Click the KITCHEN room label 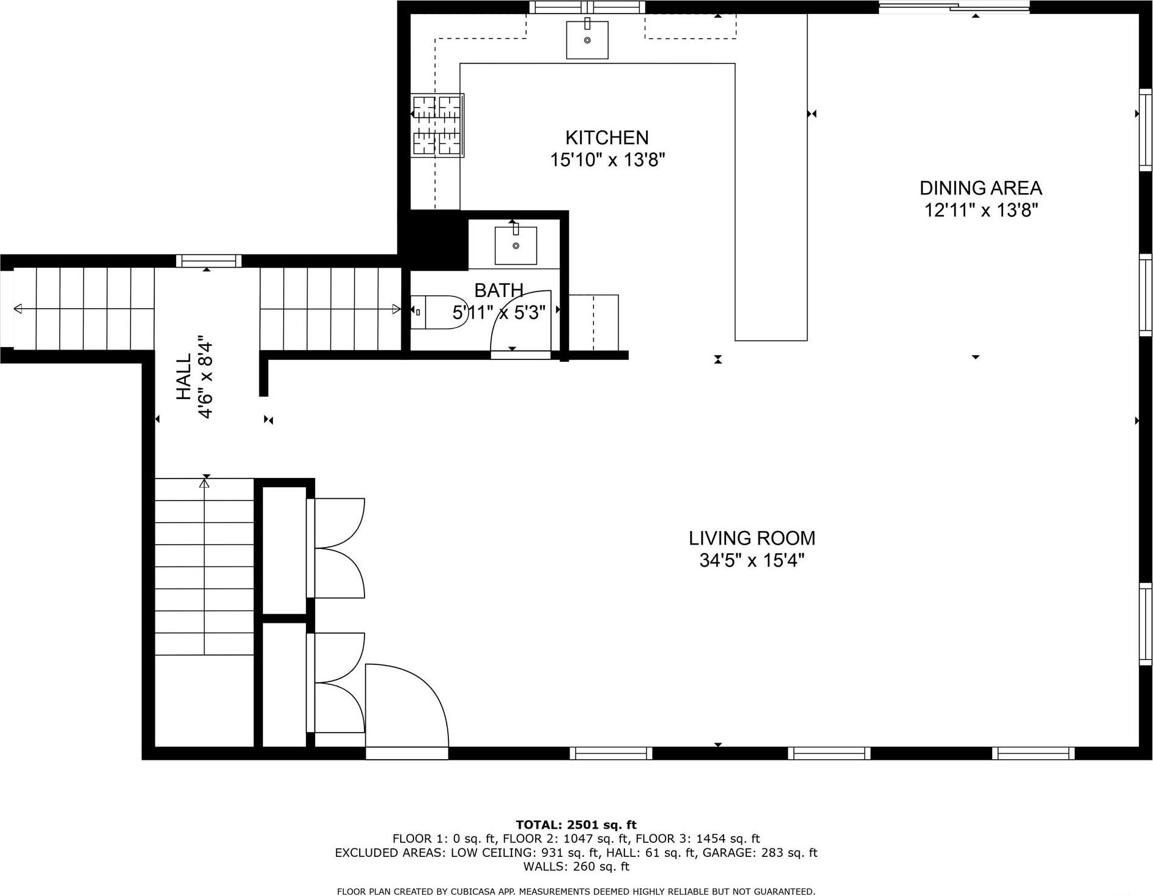(606, 138)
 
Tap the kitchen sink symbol (587, 40)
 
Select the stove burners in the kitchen (436, 125)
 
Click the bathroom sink (516, 245)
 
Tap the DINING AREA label (981, 188)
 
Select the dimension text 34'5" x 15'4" (751, 560)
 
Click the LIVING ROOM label (752, 538)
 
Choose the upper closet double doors (339, 548)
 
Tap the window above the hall (209, 261)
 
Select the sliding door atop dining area (953, 7)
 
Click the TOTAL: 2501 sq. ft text (576, 825)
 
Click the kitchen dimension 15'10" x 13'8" (607, 160)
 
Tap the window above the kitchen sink (587, 7)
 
